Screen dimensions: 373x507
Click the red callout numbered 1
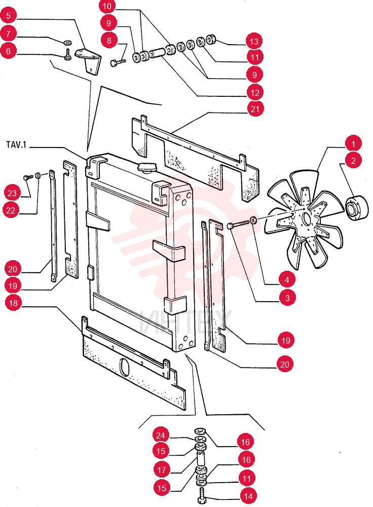[x=353, y=143]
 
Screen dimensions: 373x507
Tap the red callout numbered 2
[x=353, y=160]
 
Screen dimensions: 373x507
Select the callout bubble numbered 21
[x=255, y=108]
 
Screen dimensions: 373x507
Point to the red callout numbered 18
[x=13, y=303]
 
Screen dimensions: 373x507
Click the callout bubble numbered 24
[x=161, y=435]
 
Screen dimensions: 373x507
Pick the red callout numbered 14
[x=248, y=496]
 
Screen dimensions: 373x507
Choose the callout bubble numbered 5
[x=9, y=15]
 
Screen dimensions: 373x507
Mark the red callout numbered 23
[x=12, y=193]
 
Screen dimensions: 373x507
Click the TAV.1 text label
[x=16, y=144]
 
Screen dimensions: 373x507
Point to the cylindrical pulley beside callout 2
[x=357, y=207]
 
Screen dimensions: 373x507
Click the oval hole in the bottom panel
[x=124, y=367]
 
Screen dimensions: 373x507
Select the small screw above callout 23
[x=28, y=177]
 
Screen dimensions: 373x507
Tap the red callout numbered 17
[x=162, y=469]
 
